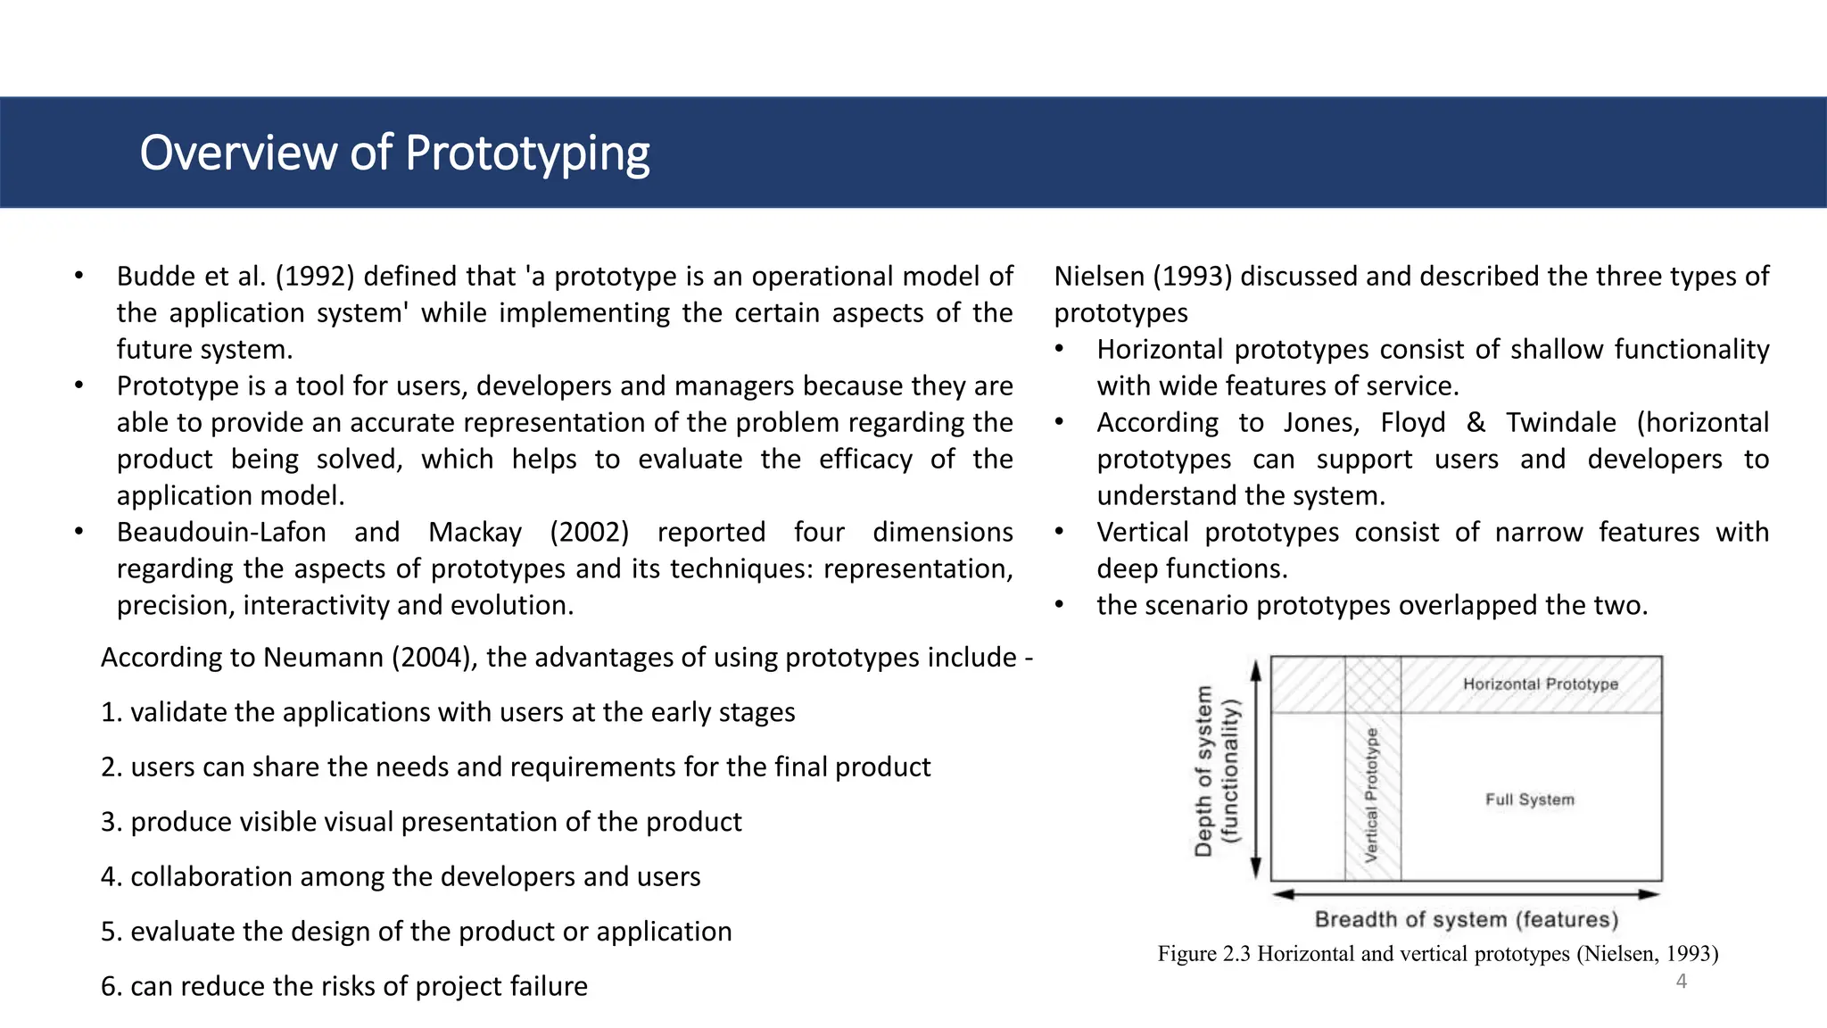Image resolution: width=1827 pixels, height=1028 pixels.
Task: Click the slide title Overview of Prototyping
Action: coord(394,153)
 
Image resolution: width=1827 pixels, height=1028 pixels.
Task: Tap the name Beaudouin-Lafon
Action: coord(221,533)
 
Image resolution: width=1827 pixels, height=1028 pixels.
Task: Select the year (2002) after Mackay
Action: coord(589,533)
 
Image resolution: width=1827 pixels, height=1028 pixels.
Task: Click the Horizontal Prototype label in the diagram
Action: coord(1540,684)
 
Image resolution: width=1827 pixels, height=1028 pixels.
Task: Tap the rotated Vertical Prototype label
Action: coord(1372,794)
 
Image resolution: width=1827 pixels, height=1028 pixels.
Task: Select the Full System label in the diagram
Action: coord(1529,800)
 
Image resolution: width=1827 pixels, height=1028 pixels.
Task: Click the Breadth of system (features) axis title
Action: coord(1466,920)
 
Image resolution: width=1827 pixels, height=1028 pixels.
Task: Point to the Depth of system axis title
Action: coord(1203,771)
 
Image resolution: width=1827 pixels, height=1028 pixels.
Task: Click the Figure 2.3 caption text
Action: coord(1437,954)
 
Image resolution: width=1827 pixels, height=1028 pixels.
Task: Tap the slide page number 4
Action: coord(1682,982)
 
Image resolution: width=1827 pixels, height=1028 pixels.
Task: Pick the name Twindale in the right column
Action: coord(1560,423)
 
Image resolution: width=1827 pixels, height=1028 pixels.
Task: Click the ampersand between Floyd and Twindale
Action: coord(1476,423)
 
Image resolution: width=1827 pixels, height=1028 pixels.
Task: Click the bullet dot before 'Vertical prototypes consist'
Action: coord(1059,533)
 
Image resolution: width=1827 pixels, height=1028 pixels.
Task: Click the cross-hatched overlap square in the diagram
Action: coord(1372,684)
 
